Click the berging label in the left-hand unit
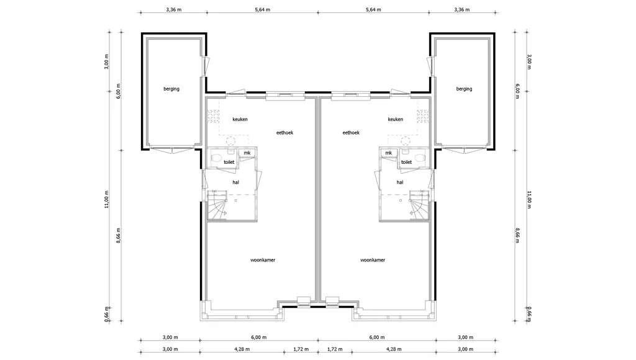click(x=171, y=89)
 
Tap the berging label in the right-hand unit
click(x=464, y=89)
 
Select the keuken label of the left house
click(x=240, y=119)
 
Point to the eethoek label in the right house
click(x=351, y=133)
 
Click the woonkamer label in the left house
click(x=263, y=260)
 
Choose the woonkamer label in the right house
click(x=373, y=260)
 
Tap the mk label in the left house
click(x=247, y=153)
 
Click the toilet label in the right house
click(x=406, y=162)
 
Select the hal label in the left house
click(x=235, y=182)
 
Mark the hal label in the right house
click(x=400, y=182)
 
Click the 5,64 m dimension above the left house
click(x=263, y=10)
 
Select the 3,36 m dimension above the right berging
click(x=461, y=10)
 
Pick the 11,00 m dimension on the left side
click(x=107, y=199)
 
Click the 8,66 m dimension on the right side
click(x=517, y=235)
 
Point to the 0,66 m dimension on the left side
click(x=107, y=314)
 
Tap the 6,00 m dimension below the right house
click(x=377, y=337)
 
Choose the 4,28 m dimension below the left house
click(x=242, y=349)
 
